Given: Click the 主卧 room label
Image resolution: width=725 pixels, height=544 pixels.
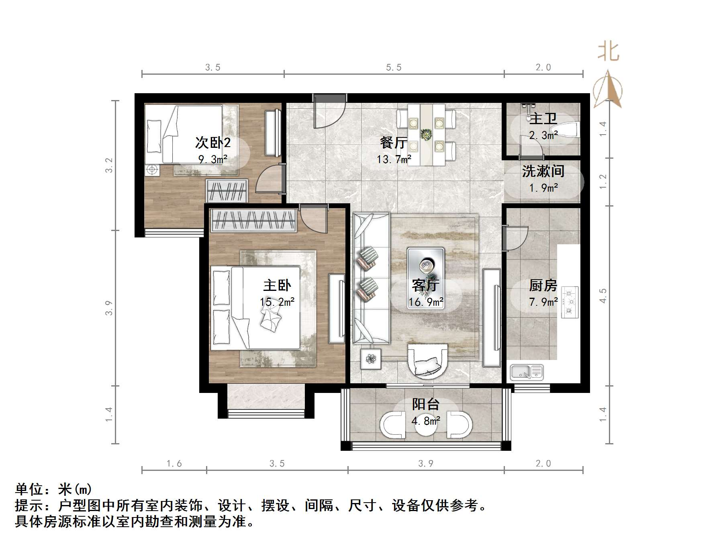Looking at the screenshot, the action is coord(277,286).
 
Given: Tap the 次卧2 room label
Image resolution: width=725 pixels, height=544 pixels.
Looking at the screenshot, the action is coord(213,143).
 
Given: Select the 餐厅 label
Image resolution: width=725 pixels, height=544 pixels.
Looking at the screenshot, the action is coord(394,143).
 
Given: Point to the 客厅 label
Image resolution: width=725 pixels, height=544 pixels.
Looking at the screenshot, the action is coord(426,286).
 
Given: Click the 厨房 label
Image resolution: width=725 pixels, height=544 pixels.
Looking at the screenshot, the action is coord(543,286).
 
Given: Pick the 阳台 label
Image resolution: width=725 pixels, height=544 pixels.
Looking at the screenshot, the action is coord(426,404).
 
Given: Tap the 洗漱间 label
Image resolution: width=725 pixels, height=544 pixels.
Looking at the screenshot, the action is coord(543,172).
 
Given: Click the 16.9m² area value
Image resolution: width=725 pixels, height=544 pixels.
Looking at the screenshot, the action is coord(426,302).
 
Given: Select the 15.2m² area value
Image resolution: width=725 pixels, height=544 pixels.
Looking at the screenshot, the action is coord(277,302).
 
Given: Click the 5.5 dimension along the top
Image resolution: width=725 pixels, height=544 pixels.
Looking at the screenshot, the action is coord(394,67).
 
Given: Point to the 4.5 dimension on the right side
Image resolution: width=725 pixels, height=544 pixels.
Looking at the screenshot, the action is coord(603,296).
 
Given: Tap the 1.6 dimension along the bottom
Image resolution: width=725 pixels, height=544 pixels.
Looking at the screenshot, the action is coord(174,464).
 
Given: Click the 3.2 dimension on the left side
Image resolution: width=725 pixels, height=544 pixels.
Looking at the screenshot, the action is coord(109,165).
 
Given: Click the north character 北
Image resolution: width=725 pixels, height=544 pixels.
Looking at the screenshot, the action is coord(609,52).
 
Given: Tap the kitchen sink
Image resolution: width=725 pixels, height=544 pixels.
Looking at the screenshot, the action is coord(527,372).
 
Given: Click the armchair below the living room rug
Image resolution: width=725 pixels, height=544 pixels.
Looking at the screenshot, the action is coord(427,361).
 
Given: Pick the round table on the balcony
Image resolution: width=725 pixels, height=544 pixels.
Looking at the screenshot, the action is coord(426,424).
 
